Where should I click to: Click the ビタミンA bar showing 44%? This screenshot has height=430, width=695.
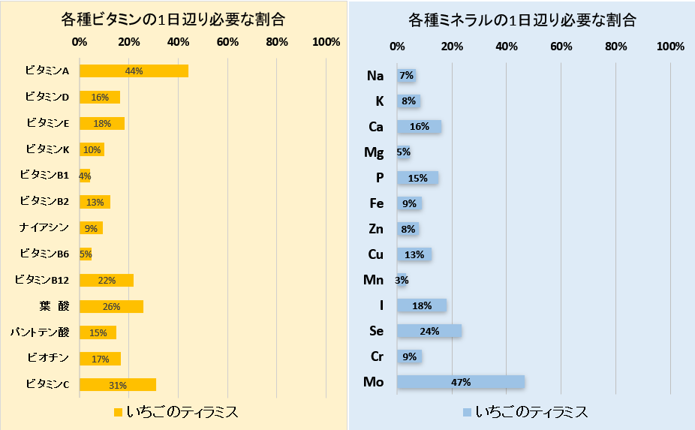pyautogui.click(x=134, y=71)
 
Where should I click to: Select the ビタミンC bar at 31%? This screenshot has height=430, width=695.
pyautogui.click(x=118, y=385)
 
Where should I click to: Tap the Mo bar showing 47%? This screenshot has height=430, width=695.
pyautogui.click(x=460, y=382)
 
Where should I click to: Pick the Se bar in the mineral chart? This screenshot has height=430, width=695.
pyautogui.click(x=429, y=331)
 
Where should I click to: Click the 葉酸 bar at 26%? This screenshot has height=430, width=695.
pyautogui.click(x=111, y=307)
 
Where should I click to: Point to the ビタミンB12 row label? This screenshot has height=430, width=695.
pyautogui.click(x=42, y=280)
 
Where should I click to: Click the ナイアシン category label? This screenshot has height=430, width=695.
pyautogui.click(x=44, y=227)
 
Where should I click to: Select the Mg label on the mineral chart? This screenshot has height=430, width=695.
pyautogui.click(x=374, y=152)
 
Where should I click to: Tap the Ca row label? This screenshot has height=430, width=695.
pyautogui.click(x=375, y=127)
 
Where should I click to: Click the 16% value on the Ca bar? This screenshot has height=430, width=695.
pyautogui.click(x=419, y=127)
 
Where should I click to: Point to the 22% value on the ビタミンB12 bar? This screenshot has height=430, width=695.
pyautogui.click(x=107, y=281)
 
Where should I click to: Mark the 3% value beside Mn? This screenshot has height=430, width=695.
pyautogui.click(x=402, y=280)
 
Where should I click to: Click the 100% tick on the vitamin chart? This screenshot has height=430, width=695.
pyautogui.click(x=326, y=42)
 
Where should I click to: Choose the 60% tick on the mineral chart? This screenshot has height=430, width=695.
pyautogui.click(x=561, y=47)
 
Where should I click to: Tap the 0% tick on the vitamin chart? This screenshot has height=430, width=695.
pyautogui.click(x=80, y=42)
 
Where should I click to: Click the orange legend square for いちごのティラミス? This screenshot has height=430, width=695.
pyautogui.click(x=117, y=412)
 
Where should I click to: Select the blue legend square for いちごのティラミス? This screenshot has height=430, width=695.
pyautogui.click(x=466, y=412)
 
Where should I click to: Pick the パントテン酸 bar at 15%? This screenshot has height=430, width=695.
pyautogui.click(x=98, y=332)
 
